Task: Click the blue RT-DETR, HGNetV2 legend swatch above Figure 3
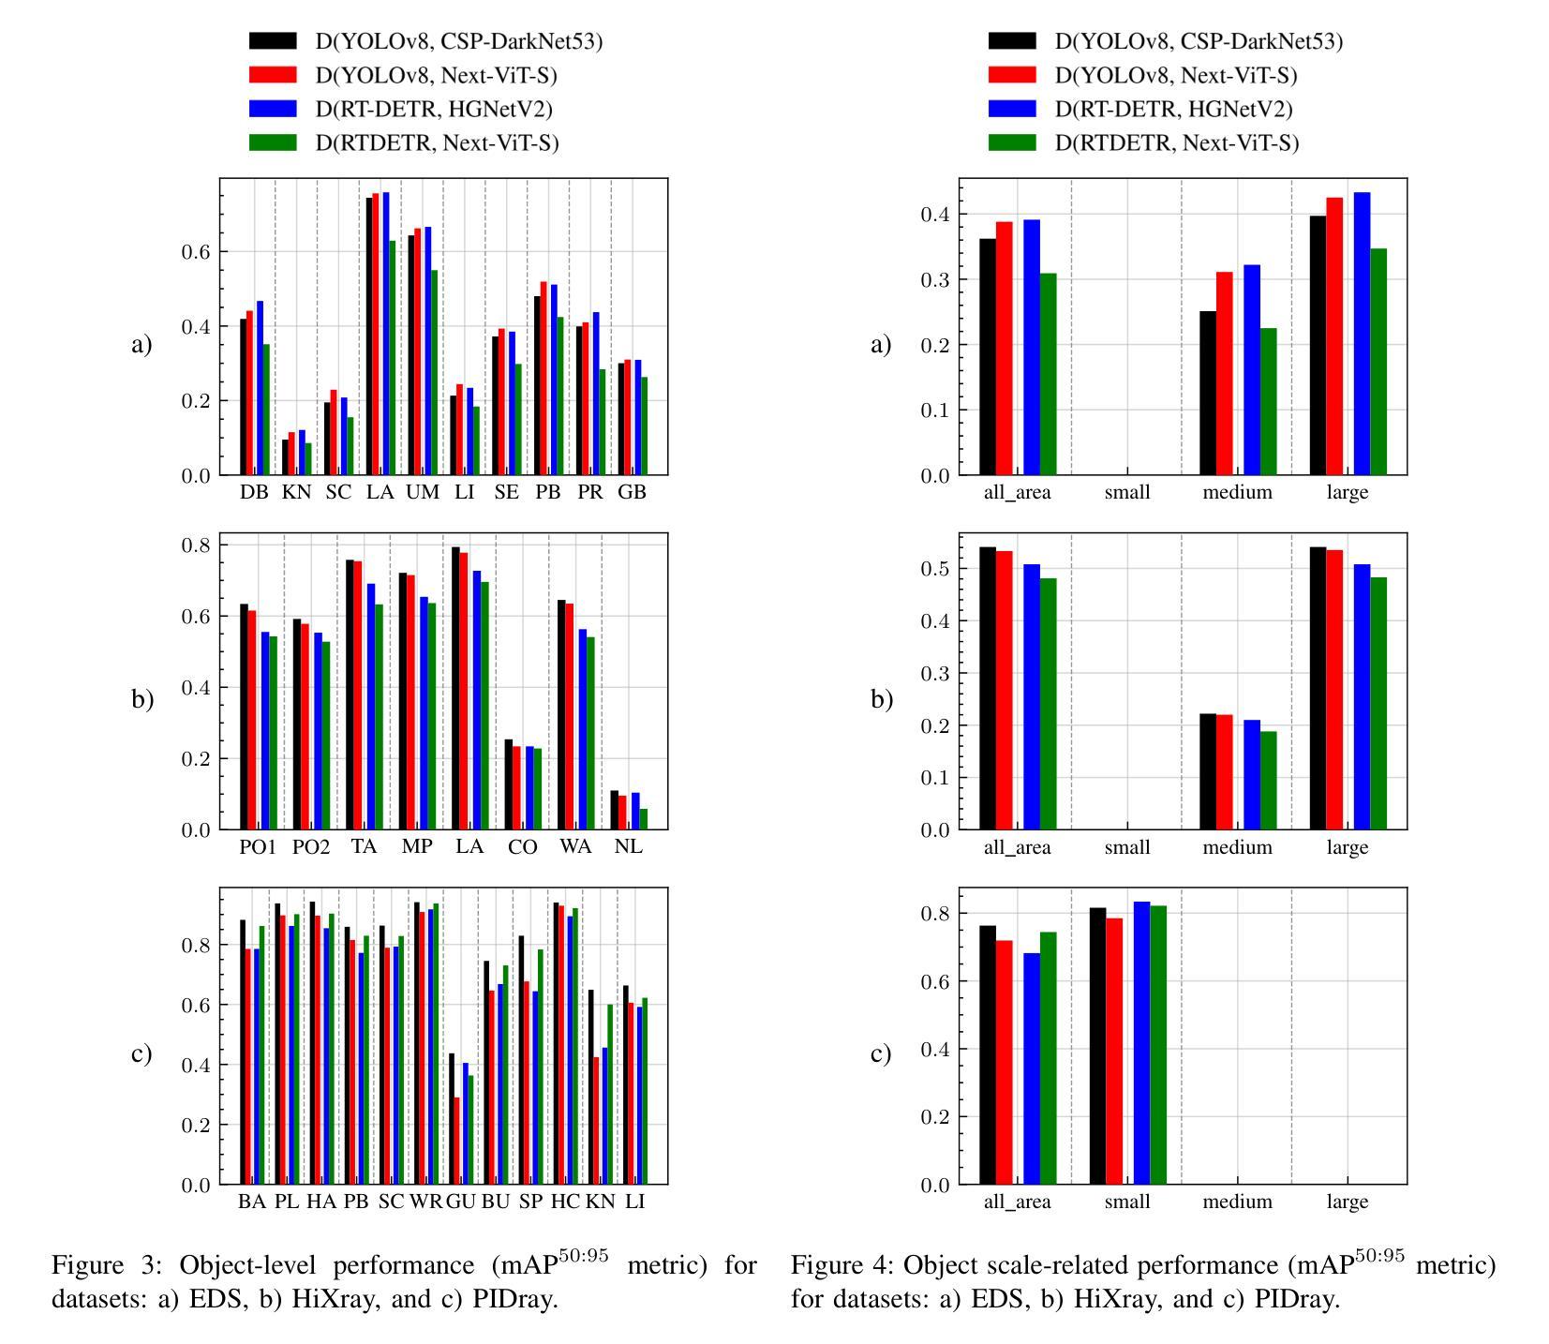click(273, 109)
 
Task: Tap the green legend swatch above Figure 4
click(1012, 142)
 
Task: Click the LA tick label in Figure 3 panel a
click(380, 492)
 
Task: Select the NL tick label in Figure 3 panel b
click(629, 846)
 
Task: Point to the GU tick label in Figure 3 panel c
click(461, 1201)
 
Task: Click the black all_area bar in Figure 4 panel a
click(988, 356)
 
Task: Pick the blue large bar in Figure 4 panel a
click(1362, 333)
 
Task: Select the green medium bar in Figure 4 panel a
click(1268, 401)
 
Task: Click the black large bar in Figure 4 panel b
click(1318, 688)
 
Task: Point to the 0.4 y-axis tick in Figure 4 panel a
click(935, 215)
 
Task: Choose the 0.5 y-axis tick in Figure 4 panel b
click(935, 569)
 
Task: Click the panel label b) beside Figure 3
click(142, 699)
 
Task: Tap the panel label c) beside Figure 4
click(881, 1053)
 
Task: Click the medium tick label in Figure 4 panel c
click(1237, 1201)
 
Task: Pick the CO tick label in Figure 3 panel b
click(522, 846)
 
